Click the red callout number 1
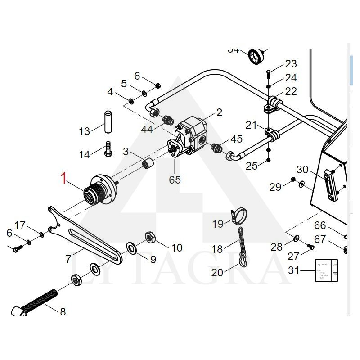coord(64,178)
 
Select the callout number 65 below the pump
coord(175,180)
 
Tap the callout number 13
coord(85,131)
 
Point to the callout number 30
coord(302,170)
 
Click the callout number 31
coord(294,270)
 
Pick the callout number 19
coord(218,224)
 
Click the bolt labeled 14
coord(108,148)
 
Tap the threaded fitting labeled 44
coord(169,121)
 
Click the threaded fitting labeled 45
coord(216,147)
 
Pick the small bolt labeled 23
coord(268,73)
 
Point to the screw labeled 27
coord(310,246)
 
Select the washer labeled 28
coord(297,237)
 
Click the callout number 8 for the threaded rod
coord(63,311)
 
